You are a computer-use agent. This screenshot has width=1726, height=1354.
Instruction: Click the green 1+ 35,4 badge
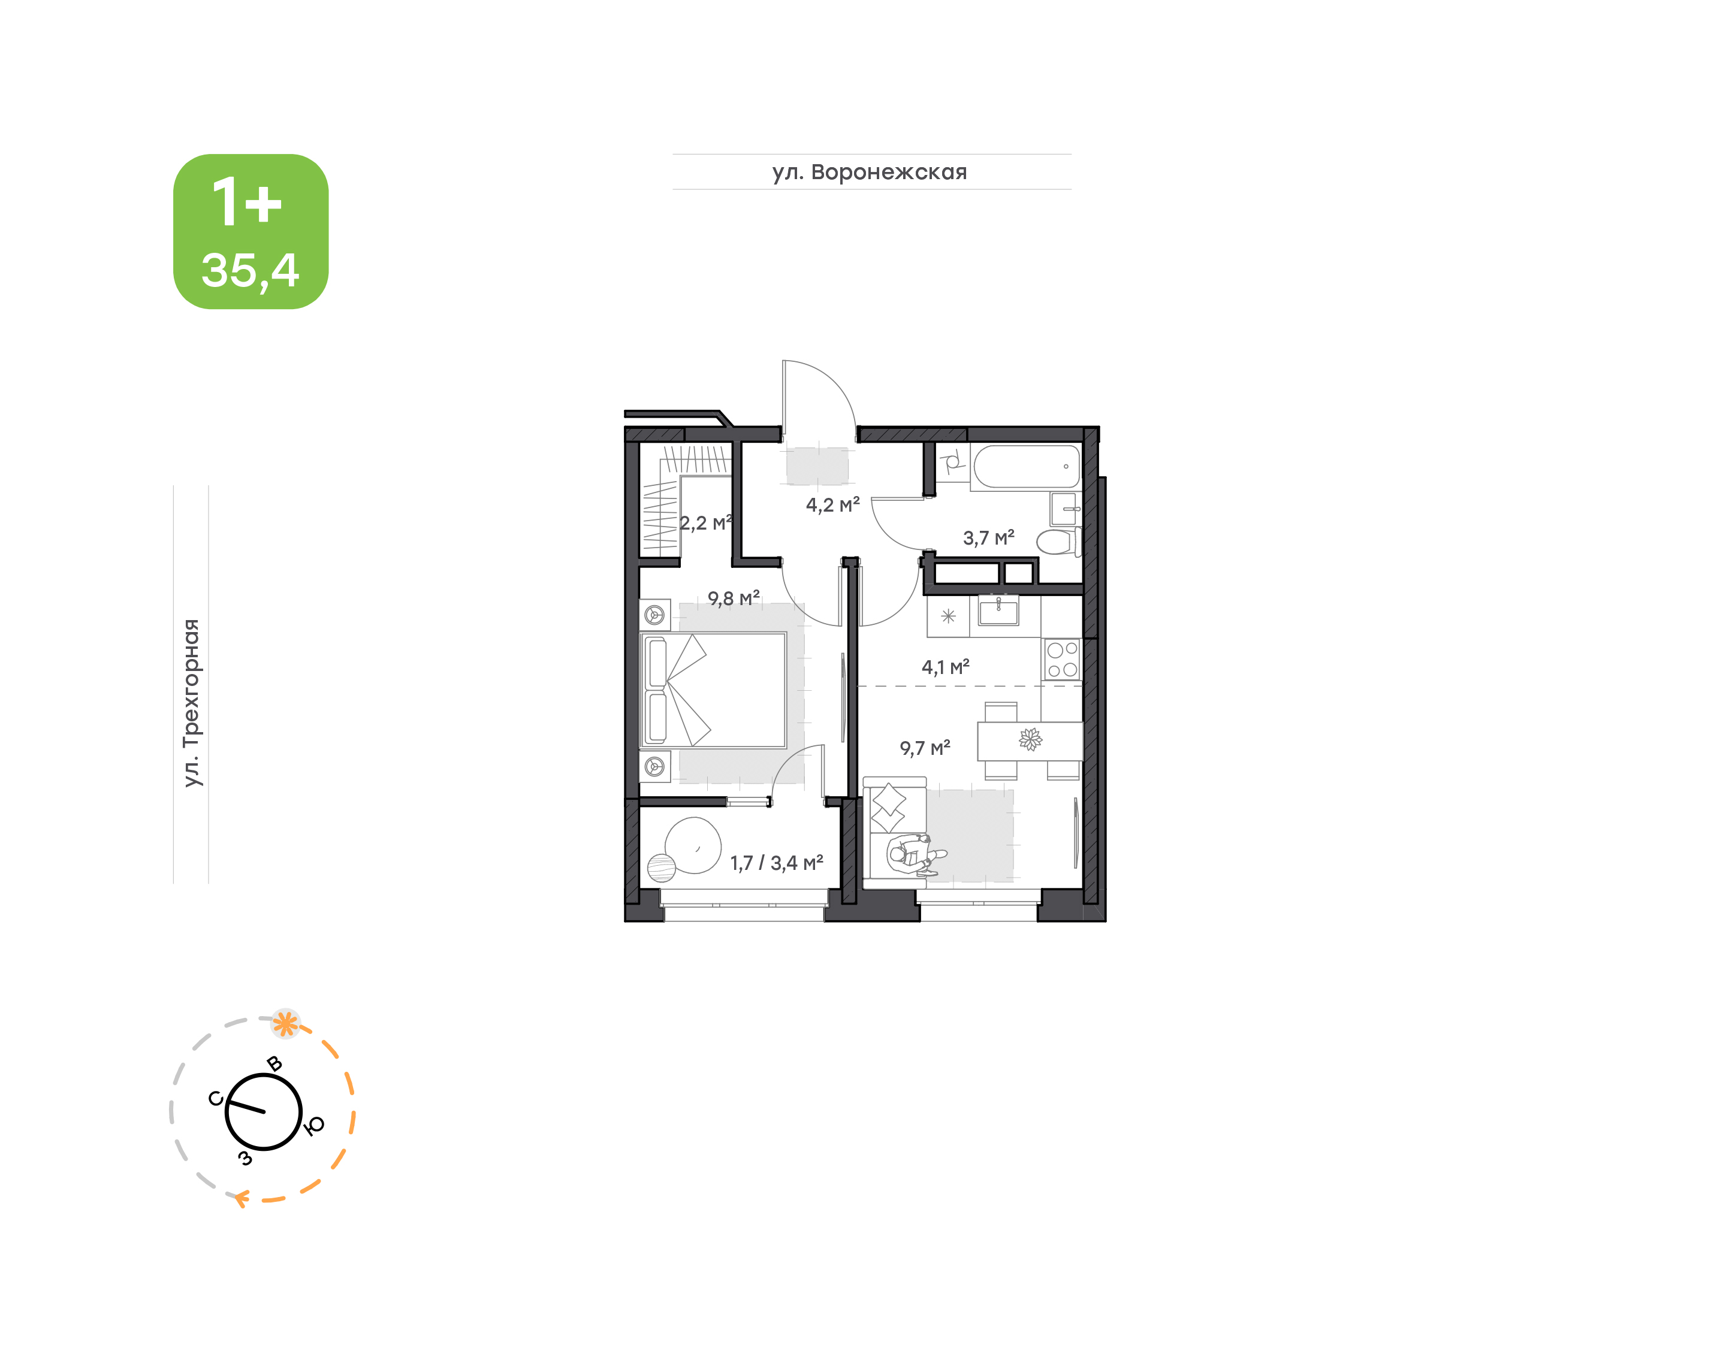click(251, 231)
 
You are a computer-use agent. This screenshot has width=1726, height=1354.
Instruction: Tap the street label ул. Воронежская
click(870, 172)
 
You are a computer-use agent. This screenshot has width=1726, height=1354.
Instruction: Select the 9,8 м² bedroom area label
click(734, 598)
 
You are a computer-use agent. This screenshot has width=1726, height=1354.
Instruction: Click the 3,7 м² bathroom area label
click(989, 537)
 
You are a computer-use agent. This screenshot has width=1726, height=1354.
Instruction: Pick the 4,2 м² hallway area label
click(832, 504)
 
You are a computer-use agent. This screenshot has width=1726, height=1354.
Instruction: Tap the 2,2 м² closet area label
click(705, 522)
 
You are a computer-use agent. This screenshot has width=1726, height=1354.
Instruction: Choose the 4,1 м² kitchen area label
click(945, 667)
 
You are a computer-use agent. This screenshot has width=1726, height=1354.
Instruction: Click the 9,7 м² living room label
click(925, 748)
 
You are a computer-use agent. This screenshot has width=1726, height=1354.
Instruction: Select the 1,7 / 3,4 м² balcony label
click(776, 863)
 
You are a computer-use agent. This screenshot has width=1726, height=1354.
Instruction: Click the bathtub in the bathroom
click(1026, 466)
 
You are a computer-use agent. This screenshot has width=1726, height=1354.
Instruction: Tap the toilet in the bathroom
click(1058, 543)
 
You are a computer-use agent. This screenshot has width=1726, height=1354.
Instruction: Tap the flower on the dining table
click(1030, 740)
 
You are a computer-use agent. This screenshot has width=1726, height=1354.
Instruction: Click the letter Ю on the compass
click(315, 1125)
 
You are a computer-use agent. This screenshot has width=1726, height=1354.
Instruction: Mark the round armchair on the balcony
click(693, 845)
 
